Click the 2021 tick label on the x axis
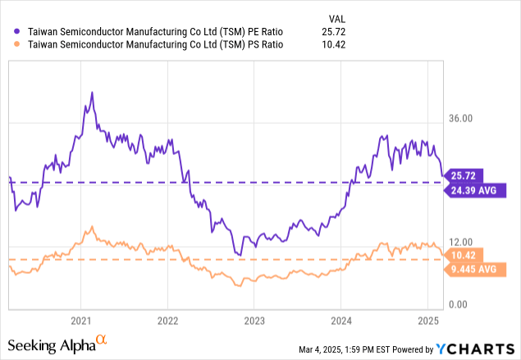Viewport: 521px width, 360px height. [80, 319]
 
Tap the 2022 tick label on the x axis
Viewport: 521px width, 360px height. [167, 319]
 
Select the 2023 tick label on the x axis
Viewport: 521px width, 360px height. [254, 319]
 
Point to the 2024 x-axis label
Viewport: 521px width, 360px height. [341, 319]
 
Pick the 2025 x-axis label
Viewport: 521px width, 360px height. [428, 319]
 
